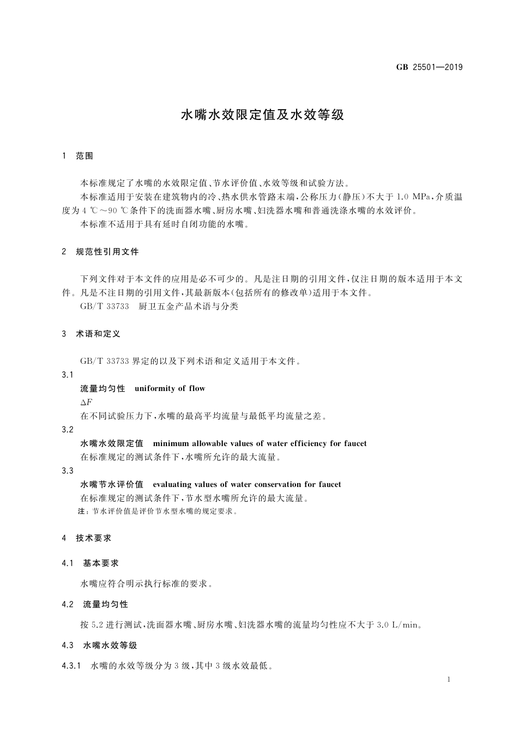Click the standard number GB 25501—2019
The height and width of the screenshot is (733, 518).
(x=429, y=68)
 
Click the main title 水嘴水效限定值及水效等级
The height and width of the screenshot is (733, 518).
(x=263, y=115)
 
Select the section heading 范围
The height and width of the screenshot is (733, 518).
(x=85, y=156)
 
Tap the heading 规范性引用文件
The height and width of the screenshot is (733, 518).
(x=107, y=252)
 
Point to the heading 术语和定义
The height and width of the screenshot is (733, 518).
(x=98, y=334)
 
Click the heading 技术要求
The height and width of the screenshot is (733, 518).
(x=94, y=538)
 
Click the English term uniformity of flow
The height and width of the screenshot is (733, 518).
(x=170, y=388)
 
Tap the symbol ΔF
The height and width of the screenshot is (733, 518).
(x=86, y=402)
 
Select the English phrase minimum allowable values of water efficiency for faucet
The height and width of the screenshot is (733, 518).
(x=260, y=443)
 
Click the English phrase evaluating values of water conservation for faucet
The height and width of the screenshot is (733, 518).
(x=247, y=484)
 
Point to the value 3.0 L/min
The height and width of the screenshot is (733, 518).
(x=400, y=624)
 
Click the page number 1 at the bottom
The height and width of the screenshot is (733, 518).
(x=448, y=680)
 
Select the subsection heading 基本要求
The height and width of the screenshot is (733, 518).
(x=101, y=563)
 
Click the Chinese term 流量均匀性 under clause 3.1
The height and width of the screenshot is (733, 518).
(x=103, y=388)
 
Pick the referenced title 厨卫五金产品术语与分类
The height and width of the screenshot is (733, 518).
(x=189, y=307)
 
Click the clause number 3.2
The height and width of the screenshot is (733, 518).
(x=68, y=430)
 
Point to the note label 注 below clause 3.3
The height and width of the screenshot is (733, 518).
(x=82, y=512)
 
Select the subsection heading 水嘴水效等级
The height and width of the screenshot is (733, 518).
(x=110, y=645)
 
